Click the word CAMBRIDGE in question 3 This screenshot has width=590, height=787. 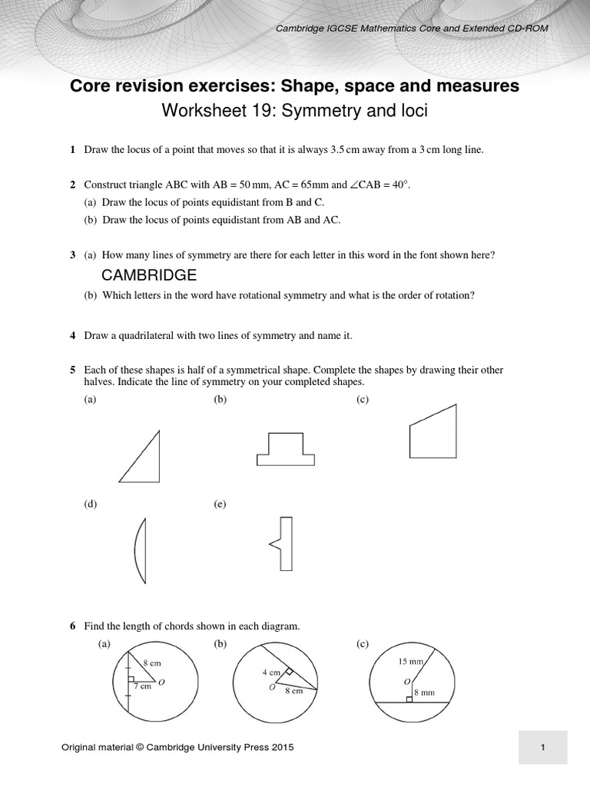pos(149,275)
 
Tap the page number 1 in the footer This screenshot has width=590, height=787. pos(542,747)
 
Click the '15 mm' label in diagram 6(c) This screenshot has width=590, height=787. pos(411,661)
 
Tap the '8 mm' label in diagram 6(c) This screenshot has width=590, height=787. pos(424,692)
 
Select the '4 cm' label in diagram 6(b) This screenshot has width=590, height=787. pos(270,672)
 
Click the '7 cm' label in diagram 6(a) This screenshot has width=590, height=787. pos(141,686)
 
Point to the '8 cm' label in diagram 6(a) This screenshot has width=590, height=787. pos(152,662)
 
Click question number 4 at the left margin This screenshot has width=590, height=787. pos(72,336)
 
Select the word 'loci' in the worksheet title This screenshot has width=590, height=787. pos(410,111)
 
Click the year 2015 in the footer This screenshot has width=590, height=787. pos(280,747)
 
